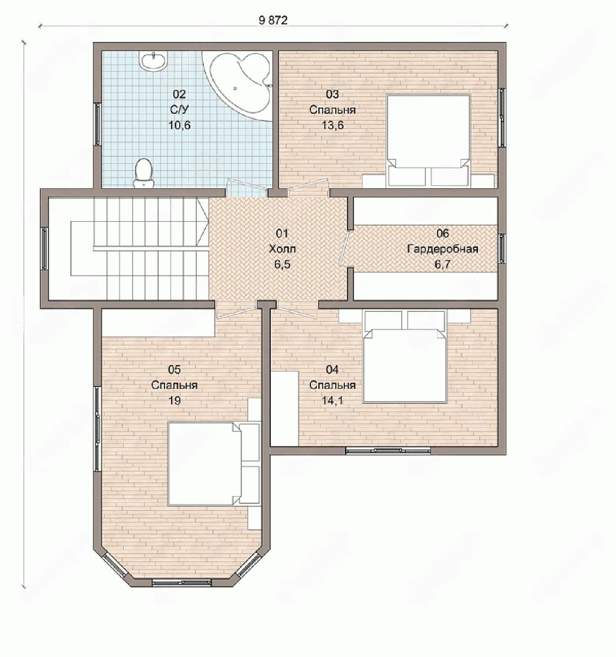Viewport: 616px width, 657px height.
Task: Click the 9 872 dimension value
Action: pyautogui.click(x=273, y=20)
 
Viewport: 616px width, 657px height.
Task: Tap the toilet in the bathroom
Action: pyautogui.click(x=144, y=173)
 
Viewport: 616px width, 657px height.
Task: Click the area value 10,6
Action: pyautogui.click(x=179, y=125)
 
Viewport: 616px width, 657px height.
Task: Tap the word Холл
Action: pyautogui.click(x=282, y=249)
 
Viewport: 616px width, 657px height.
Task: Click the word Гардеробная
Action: pyautogui.click(x=443, y=249)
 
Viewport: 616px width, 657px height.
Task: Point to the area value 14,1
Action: pyautogui.click(x=333, y=401)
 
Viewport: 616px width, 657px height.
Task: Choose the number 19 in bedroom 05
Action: pyautogui.click(x=174, y=401)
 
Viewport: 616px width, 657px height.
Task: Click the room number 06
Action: pyautogui.click(x=443, y=233)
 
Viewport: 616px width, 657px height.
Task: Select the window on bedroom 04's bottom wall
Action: pyautogui.click(x=388, y=450)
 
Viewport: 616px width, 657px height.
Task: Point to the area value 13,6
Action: pyautogui.click(x=333, y=125)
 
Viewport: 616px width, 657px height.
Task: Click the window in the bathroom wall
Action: pyautogui.click(x=98, y=124)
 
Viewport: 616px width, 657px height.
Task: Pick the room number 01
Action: pyautogui.click(x=282, y=233)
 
